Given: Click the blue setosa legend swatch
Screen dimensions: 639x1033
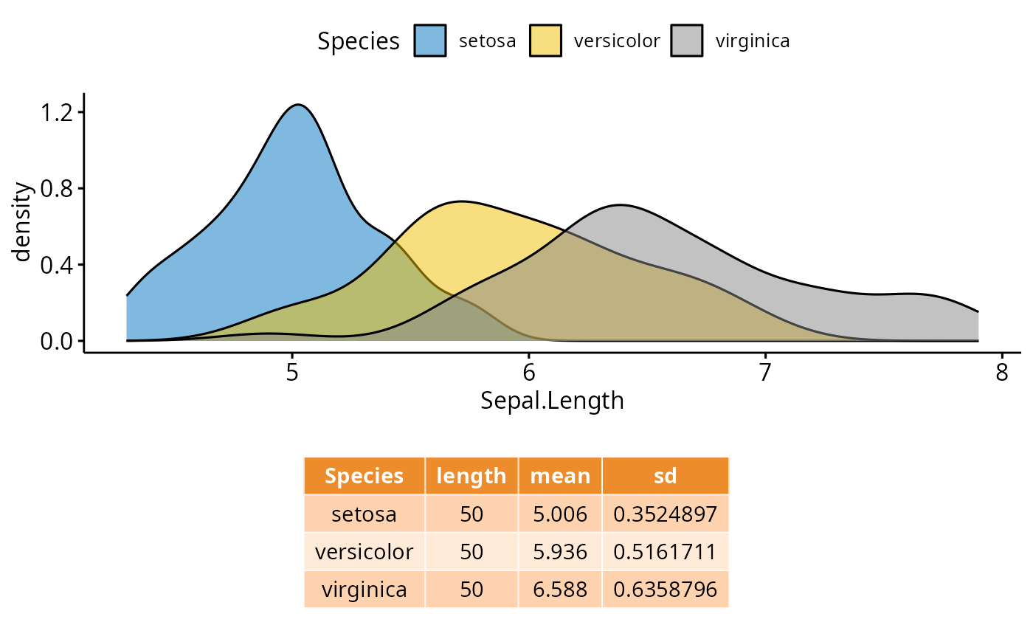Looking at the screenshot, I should click(430, 41).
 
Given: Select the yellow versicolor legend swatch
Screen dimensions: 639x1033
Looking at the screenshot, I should click(545, 41).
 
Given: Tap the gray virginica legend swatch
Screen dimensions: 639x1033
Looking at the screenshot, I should click(687, 41).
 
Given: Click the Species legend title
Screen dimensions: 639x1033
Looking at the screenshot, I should click(359, 42).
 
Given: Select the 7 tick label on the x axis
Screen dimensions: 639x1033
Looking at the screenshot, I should click(765, 372).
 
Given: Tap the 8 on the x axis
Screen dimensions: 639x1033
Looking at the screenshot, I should click(1001, 372).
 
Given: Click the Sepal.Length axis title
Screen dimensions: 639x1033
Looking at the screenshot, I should click(552, 401).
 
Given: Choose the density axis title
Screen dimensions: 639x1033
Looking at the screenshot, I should click(24, 221).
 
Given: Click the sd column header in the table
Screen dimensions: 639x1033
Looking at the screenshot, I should click(665, 476).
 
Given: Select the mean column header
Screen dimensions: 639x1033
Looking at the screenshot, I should click(560, 476).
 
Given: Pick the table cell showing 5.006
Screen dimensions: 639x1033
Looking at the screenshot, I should click(560, 514).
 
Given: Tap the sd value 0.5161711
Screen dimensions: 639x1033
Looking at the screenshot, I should click(665, 551).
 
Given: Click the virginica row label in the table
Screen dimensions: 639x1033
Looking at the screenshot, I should click(364, 589).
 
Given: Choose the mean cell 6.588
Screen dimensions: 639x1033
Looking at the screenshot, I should click(560, 589).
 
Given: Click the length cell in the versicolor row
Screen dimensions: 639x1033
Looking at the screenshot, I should click(471, 551).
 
